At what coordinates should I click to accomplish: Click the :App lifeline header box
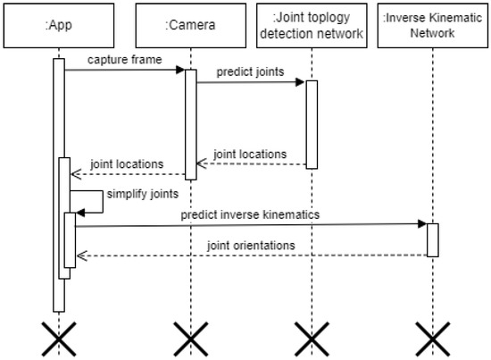tap(59, 25)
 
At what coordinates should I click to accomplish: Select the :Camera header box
tap(190, 25)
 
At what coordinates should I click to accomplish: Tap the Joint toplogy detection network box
tap(312, 25)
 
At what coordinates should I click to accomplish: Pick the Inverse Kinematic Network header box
tap(432, 25)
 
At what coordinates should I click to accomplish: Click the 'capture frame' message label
tap(124, 59)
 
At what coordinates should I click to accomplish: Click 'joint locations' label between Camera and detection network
tap(250, 154)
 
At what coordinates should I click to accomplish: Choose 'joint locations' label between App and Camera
tap(126, 163)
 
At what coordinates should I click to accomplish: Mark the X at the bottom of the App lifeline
tap(59, 339)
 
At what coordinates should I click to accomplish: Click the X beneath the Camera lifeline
tap(190, 339)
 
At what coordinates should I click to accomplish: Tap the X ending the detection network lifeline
tap(312, 339)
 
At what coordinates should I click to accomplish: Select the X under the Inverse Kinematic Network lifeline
tap(432, 339)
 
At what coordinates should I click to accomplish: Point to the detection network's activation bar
tap(312, 123)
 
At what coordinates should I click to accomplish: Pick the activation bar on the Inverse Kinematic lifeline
tap(432, 239)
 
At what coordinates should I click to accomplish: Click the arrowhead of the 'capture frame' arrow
tap(179, 71)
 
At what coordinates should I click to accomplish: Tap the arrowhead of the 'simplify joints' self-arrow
tap(81, 211)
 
